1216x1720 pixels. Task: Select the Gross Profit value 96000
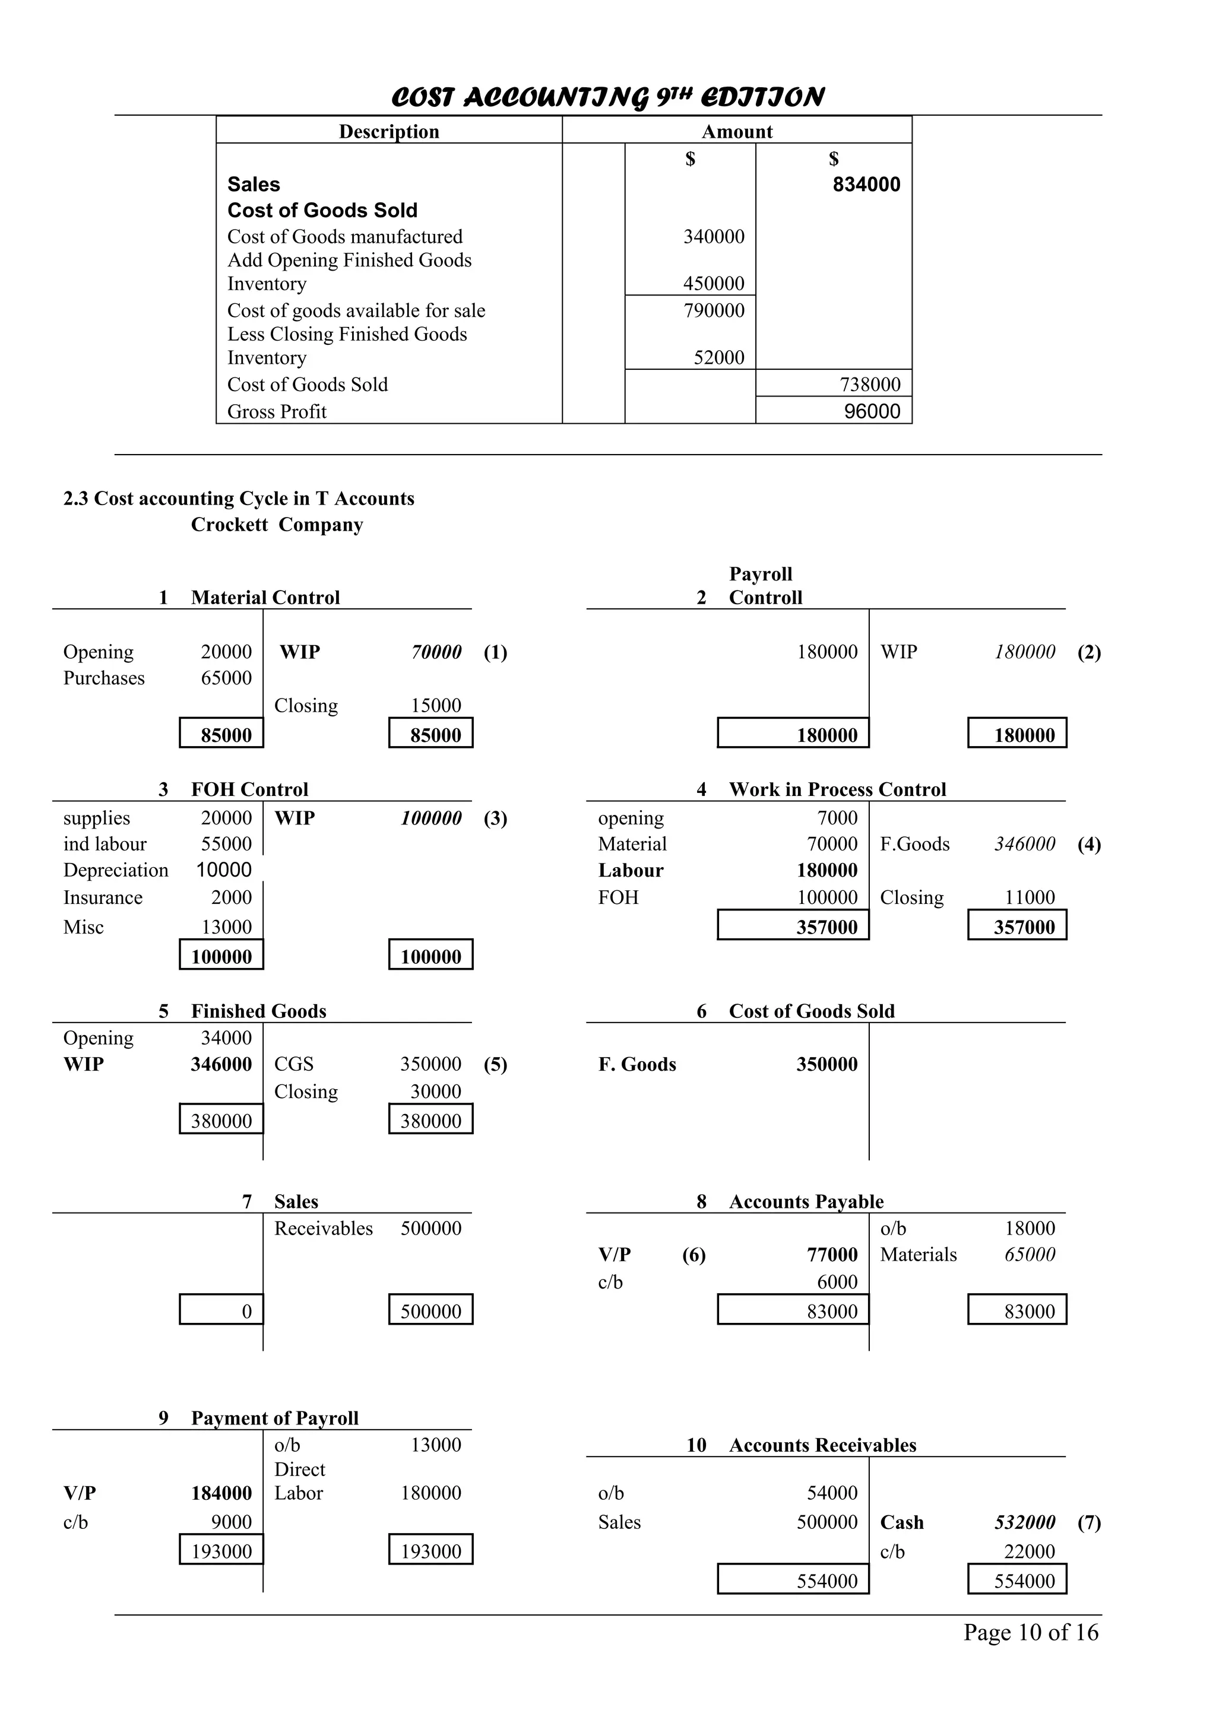872,411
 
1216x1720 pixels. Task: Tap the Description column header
389,131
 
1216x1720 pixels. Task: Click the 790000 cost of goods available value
713,310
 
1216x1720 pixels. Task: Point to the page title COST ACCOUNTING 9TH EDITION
607,97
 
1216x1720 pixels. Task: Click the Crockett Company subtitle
277,525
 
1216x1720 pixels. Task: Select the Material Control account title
265,597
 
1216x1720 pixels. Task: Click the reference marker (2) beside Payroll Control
1088,652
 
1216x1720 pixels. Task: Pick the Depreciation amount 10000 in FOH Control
224,869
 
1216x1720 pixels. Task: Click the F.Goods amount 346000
1024,844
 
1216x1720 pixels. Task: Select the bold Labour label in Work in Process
631,871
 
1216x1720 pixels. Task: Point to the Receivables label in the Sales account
324,1228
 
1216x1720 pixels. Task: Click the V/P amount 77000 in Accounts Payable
832,1255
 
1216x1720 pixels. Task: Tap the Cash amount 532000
1024,1522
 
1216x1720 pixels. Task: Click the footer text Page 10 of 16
1030,1632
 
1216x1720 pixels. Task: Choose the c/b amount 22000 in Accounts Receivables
1029,1551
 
